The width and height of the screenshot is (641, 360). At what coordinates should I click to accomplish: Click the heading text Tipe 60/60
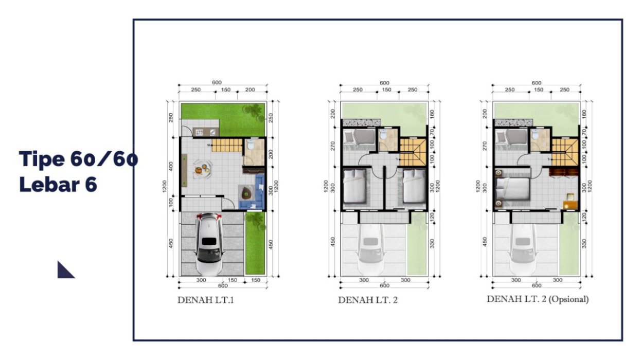point(78,158)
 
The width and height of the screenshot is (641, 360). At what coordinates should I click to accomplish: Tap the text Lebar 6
point(58,184)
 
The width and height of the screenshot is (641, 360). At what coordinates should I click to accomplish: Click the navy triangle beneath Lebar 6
point(65,271)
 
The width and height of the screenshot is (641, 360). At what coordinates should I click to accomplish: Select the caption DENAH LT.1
point(206,300)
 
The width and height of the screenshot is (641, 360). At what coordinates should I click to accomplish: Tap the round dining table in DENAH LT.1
point(203,169)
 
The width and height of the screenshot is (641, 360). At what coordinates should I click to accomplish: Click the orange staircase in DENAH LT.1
point(227,146)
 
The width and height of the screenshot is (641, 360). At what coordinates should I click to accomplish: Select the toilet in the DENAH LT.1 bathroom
point(251,145)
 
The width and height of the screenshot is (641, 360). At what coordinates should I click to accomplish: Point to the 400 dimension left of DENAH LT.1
point(171,167)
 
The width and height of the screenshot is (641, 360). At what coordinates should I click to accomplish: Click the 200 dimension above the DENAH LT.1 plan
point(250,89)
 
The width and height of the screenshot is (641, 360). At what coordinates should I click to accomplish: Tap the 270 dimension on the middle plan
point(332,146)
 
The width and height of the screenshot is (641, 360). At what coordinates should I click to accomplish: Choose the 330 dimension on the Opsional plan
point(584,244)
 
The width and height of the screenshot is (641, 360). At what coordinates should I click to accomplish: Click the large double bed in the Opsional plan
point(513,188)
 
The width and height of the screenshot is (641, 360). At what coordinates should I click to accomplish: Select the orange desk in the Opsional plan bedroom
point(571,205)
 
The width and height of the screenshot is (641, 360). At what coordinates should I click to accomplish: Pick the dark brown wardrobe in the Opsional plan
point(564,172)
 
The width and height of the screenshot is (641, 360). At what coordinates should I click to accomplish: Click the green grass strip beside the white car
point(255,243)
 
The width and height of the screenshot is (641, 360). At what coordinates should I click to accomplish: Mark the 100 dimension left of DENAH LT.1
point(171,203)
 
